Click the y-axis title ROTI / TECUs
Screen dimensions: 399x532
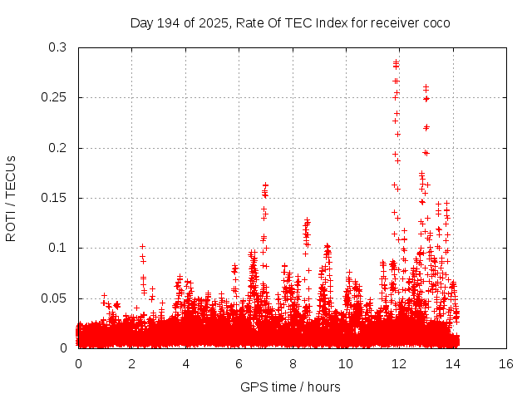[x=11, y=198]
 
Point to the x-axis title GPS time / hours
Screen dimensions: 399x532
[x=290, y=387]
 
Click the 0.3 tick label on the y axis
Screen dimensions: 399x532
[x=58, y=47]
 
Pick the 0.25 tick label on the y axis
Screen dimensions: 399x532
[x=55, y=97]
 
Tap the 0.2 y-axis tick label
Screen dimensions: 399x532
[x=58, y=148]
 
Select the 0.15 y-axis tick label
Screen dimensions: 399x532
[x=55, y=198]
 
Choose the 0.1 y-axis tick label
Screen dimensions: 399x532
[x=58, y=248]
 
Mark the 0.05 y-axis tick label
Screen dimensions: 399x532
[x=55, y=298]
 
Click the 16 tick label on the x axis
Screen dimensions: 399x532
[x=506, y=363]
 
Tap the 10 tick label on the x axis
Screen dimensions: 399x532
[x=346, y=363]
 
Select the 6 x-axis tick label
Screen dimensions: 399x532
[x=239, y=363]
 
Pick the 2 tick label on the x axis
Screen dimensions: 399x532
[x=131, y=363]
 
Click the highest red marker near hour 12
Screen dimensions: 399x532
[x=397, y=62]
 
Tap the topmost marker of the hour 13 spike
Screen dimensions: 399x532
[x=426, y=86]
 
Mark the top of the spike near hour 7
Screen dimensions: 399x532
[x=265, y=185]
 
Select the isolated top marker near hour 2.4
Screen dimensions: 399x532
[x=142, y=246]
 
